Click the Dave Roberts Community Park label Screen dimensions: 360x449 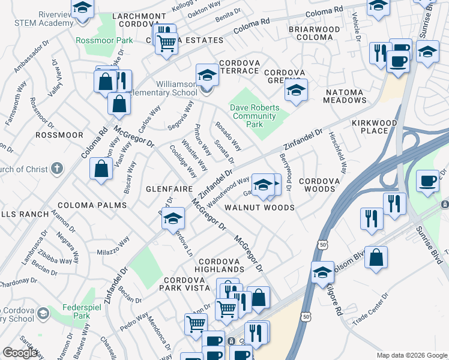[x=255, y=116]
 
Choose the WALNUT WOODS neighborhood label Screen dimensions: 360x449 [x=259, y=208]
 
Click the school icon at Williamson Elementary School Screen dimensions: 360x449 [x=207, y=75]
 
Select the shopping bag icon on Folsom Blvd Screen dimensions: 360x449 [x=376, y=258]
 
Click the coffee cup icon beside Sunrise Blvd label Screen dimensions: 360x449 [x=427, y=180]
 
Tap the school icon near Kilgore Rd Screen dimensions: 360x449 [x=322, y=272]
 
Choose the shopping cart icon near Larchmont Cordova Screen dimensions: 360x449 [x=166, y=43]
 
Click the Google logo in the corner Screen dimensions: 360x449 [x=20, y=353]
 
